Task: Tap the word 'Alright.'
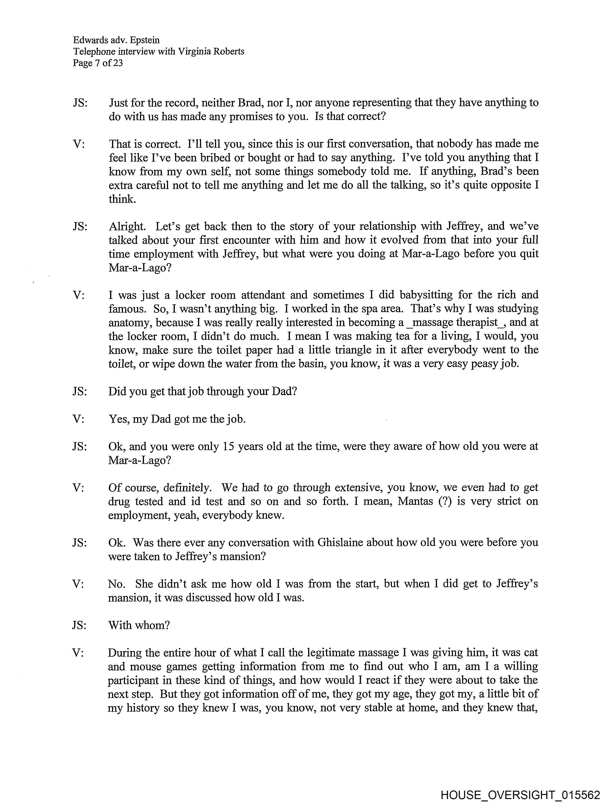127,226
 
